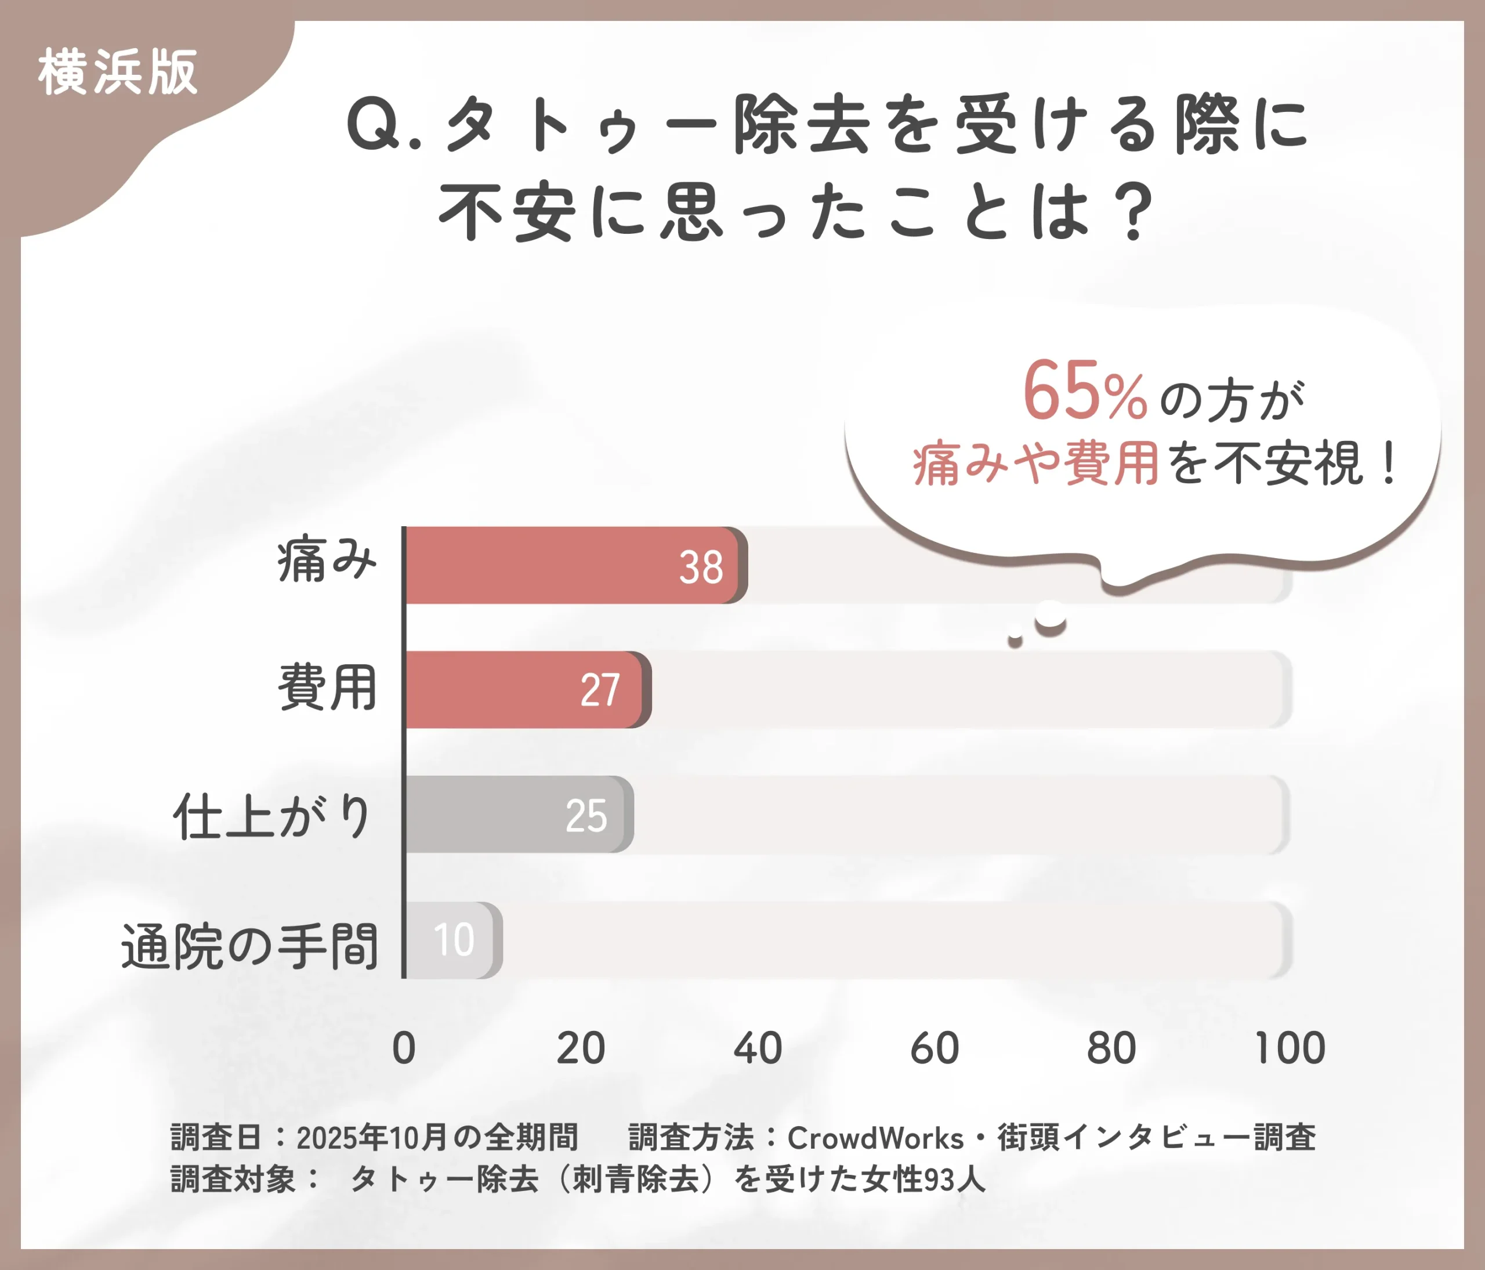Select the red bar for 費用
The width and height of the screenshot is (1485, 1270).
502,689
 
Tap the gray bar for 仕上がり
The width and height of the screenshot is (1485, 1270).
487,814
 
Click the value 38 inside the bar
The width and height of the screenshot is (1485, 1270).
701,567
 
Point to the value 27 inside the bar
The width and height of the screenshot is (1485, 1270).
600,691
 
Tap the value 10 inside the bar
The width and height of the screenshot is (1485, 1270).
454,940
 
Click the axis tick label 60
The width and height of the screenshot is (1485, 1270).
934,1048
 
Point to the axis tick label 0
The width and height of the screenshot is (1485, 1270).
404,1048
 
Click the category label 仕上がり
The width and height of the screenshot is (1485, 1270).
272,816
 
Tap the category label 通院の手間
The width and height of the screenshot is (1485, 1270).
249,947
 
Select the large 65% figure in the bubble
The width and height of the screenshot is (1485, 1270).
1084,391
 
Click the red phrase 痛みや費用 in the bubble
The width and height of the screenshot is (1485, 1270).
1035,463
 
